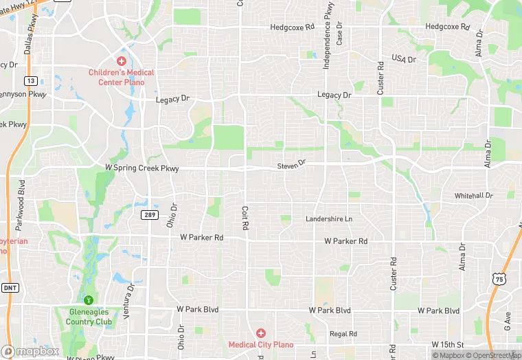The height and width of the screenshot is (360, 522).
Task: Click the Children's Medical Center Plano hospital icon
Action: (x=121, y=61)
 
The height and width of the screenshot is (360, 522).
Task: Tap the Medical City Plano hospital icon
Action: (x=261, y=333)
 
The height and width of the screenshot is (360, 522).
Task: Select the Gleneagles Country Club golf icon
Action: (x=89, y=300)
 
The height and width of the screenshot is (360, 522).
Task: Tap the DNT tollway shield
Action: (x=10, y=289)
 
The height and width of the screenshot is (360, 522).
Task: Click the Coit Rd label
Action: (x=245, y=218)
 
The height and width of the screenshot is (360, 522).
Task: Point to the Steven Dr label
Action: (x=291, y=166)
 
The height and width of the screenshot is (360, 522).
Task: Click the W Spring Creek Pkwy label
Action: (x=141, y=168)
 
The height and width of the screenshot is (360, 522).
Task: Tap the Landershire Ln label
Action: (x=328, y=219)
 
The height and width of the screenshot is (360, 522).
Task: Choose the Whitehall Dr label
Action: (x=473, y=196)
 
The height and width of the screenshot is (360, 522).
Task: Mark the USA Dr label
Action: (x=404, y=59)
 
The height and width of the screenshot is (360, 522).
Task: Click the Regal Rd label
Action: (x=343, y=334)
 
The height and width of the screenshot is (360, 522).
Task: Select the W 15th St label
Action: (x=449, y=344)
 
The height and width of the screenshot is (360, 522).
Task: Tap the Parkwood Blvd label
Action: (x=21, y=197)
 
